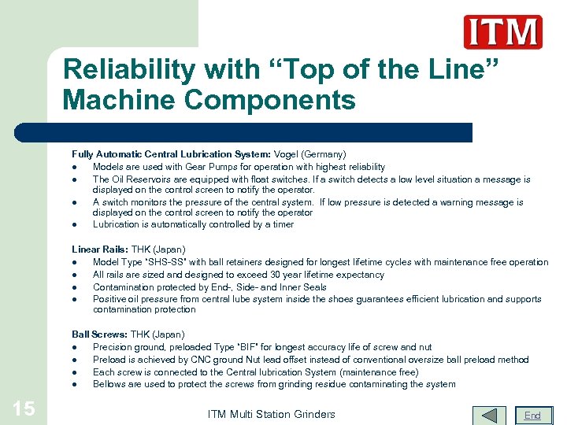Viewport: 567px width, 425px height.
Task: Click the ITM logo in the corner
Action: (x=502, y=32)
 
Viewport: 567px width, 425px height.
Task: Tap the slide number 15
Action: (x=24, y=408)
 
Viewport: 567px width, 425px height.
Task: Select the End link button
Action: (x=533, y=415)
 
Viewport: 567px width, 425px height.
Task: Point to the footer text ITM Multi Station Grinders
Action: (x=271, y=414)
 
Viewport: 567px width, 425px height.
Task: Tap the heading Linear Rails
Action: (x=99, y=249)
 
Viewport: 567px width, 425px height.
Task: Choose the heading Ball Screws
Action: (x=99, y=334)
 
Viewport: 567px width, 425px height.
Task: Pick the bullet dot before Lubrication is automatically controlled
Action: (x=73, y=225)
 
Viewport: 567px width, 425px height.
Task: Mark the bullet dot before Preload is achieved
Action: (x=73, y=360)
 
